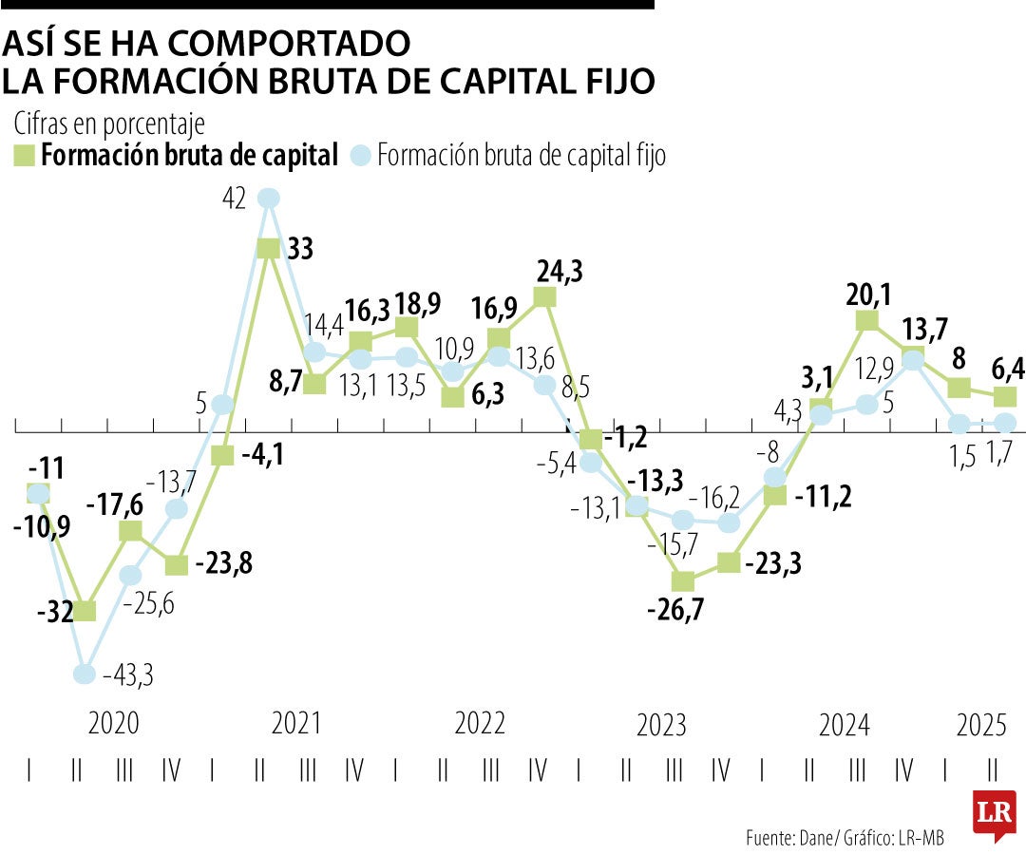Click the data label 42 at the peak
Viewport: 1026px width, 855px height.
234,199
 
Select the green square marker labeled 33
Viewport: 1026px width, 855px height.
269,248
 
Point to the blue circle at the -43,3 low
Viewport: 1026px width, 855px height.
85,674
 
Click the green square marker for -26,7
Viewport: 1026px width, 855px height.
682,580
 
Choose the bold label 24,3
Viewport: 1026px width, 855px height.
560,272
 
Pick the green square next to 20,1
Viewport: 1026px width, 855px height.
866,321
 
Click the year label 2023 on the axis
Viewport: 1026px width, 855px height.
661,727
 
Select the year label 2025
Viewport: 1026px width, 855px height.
981,727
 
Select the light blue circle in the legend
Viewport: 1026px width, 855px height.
360,155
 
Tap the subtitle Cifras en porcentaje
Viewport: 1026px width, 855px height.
109,124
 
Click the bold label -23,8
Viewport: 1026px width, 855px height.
225,563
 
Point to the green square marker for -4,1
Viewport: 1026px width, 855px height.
222,455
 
